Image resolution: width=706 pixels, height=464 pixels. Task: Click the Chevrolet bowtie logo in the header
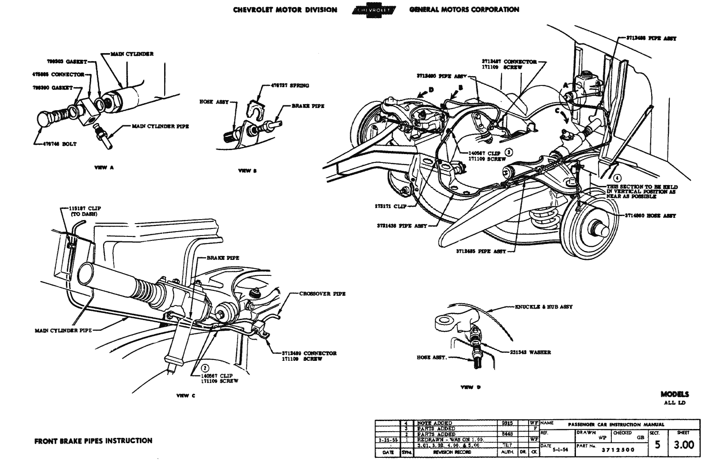(x=374, y=10)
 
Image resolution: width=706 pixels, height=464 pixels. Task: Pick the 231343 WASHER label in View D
(x=529, y=352)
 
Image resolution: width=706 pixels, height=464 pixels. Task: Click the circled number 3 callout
(x=509, y=152)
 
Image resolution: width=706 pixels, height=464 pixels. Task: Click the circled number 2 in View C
(x=205, y=367)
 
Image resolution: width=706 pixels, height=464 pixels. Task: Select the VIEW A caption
(x=103, y=167)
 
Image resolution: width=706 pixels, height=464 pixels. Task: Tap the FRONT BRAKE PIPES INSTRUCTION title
(x=93, y=441)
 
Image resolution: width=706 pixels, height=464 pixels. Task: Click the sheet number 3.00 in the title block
(x=683, y=445)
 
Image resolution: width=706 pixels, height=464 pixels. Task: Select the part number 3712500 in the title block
(x=618, y=450)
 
